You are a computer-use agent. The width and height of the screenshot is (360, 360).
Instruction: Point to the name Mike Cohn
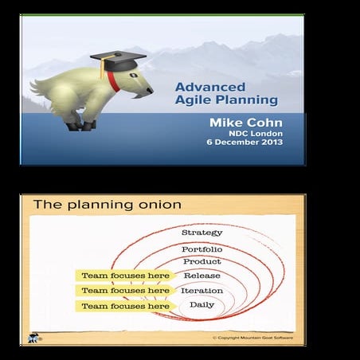pyautogui.click(x=245, y=121)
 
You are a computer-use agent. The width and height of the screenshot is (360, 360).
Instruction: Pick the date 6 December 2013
pyautogui.click(x=241, y=144)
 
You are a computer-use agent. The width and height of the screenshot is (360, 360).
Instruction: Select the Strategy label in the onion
pyautogui.click(x=202, y=233)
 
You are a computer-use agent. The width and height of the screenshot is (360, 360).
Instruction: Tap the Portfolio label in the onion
pyautogui.click(x=202, y=249)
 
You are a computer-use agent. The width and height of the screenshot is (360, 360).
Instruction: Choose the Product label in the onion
pyautogui.click(x=202, y=262)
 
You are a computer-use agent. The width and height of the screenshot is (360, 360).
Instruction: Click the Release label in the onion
pyautogui.click(x=202, y=276)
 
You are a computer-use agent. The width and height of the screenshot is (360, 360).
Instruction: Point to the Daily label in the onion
pyautogui.click(x=202, y=305)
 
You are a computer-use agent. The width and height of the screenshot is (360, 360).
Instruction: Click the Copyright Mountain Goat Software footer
pyautogui.click(x=254, y=338)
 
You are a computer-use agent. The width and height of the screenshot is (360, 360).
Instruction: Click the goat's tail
pyautogui.click(x=35, y=84)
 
